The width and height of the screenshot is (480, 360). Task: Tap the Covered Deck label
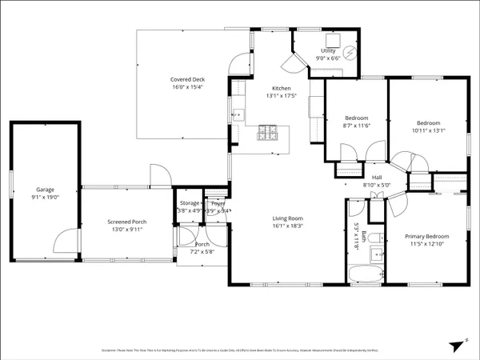pos(188,78)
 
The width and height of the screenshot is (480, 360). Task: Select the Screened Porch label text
pos(128,222)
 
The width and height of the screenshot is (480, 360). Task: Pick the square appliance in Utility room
pos(332,40)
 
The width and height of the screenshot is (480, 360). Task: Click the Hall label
pos(377,178)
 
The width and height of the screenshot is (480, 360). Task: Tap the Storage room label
pos(189,203)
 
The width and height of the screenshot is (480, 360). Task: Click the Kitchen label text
pos(281,88)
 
